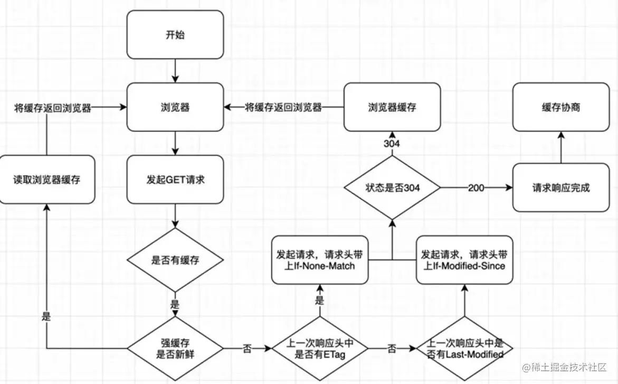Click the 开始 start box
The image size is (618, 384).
tap(175, 35)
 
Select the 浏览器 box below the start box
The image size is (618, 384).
tap(175, 107)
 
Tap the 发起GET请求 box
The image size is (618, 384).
tap(175, 180)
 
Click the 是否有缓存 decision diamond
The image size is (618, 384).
tap(175, 260)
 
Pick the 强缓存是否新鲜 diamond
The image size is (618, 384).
tap(175, 349)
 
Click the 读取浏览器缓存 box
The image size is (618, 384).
tap(47, 180)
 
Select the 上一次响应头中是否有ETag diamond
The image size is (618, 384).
tap(320, 349)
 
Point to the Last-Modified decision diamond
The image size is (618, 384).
tap(464, 349)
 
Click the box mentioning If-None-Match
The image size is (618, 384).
tap(320, 260)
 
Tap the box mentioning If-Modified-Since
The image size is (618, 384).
tap(464, 260)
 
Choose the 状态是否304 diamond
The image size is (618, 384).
tap(392, 188)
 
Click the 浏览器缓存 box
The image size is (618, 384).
tap(392, 107)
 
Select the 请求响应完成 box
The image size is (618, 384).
tap(561, 188)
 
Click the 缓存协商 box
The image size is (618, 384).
tap(561, 107)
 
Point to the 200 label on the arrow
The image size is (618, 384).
tap(476, 188)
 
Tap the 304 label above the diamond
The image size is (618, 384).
tap(392, 144)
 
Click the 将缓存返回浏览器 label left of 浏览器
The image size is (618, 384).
tap(53, 108)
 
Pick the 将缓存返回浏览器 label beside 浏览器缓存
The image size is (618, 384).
tap(283, 107)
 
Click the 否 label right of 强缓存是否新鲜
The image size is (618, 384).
tap(247, 349)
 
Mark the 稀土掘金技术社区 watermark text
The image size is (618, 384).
tap(564, 368)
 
